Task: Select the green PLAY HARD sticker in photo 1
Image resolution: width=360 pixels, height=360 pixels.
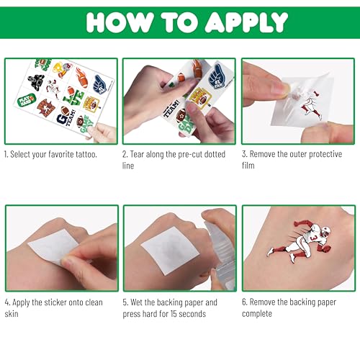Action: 29,100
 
